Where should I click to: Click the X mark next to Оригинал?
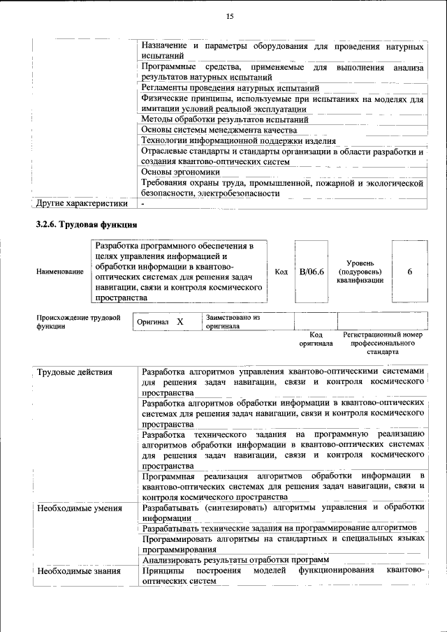(x=179, y=322)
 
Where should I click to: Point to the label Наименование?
(x=60, y=272)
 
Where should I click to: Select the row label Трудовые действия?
(x=75, y=372)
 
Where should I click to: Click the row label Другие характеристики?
(x=82, y=204)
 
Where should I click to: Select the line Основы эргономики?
(x=180, y=172)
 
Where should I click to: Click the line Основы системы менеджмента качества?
(x=219, y=130)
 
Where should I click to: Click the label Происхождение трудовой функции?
(x=78, y=322)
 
